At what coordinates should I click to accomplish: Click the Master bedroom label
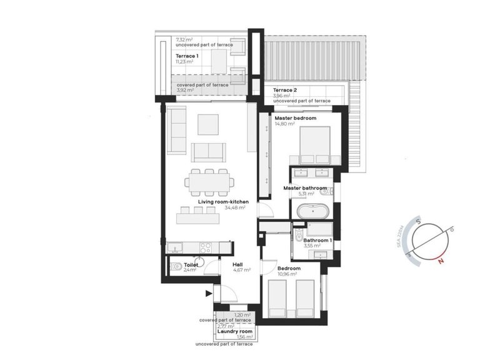[x=295, y=118]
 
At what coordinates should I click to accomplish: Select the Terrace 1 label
[x=187, y=56]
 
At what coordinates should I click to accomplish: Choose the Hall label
[x=237, y=264]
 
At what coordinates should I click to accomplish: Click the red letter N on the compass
[x=441, y=261]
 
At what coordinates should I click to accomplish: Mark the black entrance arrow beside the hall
[x=207, y=292]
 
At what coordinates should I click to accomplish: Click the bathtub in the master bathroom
[x=311, y=211]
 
